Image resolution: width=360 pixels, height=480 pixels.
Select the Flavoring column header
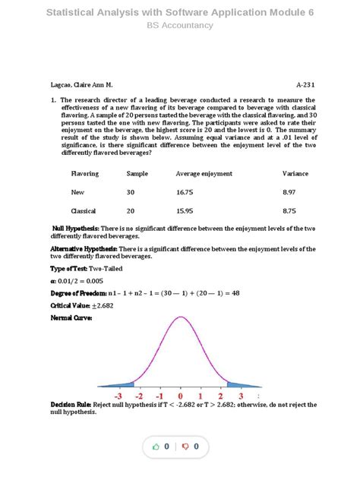pyautogui.click(x=85, y=174)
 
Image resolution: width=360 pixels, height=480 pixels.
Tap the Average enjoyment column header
pyautogui.click(x=204, y=174)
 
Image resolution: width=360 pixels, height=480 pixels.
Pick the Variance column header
pyautogui.click(x=295, y=174)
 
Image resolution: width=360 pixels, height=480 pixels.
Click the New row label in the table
pyautogui.click(x=77, y=193)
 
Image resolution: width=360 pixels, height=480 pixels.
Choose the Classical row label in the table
pyautogui.click(x=83, y=211)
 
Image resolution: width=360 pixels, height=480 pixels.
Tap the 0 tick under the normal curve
pyautogui.click(x=180, y=396)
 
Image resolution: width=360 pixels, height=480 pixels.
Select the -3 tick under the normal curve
pyautogui.click(x=118, y=396)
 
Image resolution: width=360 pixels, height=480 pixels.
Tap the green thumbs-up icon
pyautogui.click(x=156, y=447)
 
